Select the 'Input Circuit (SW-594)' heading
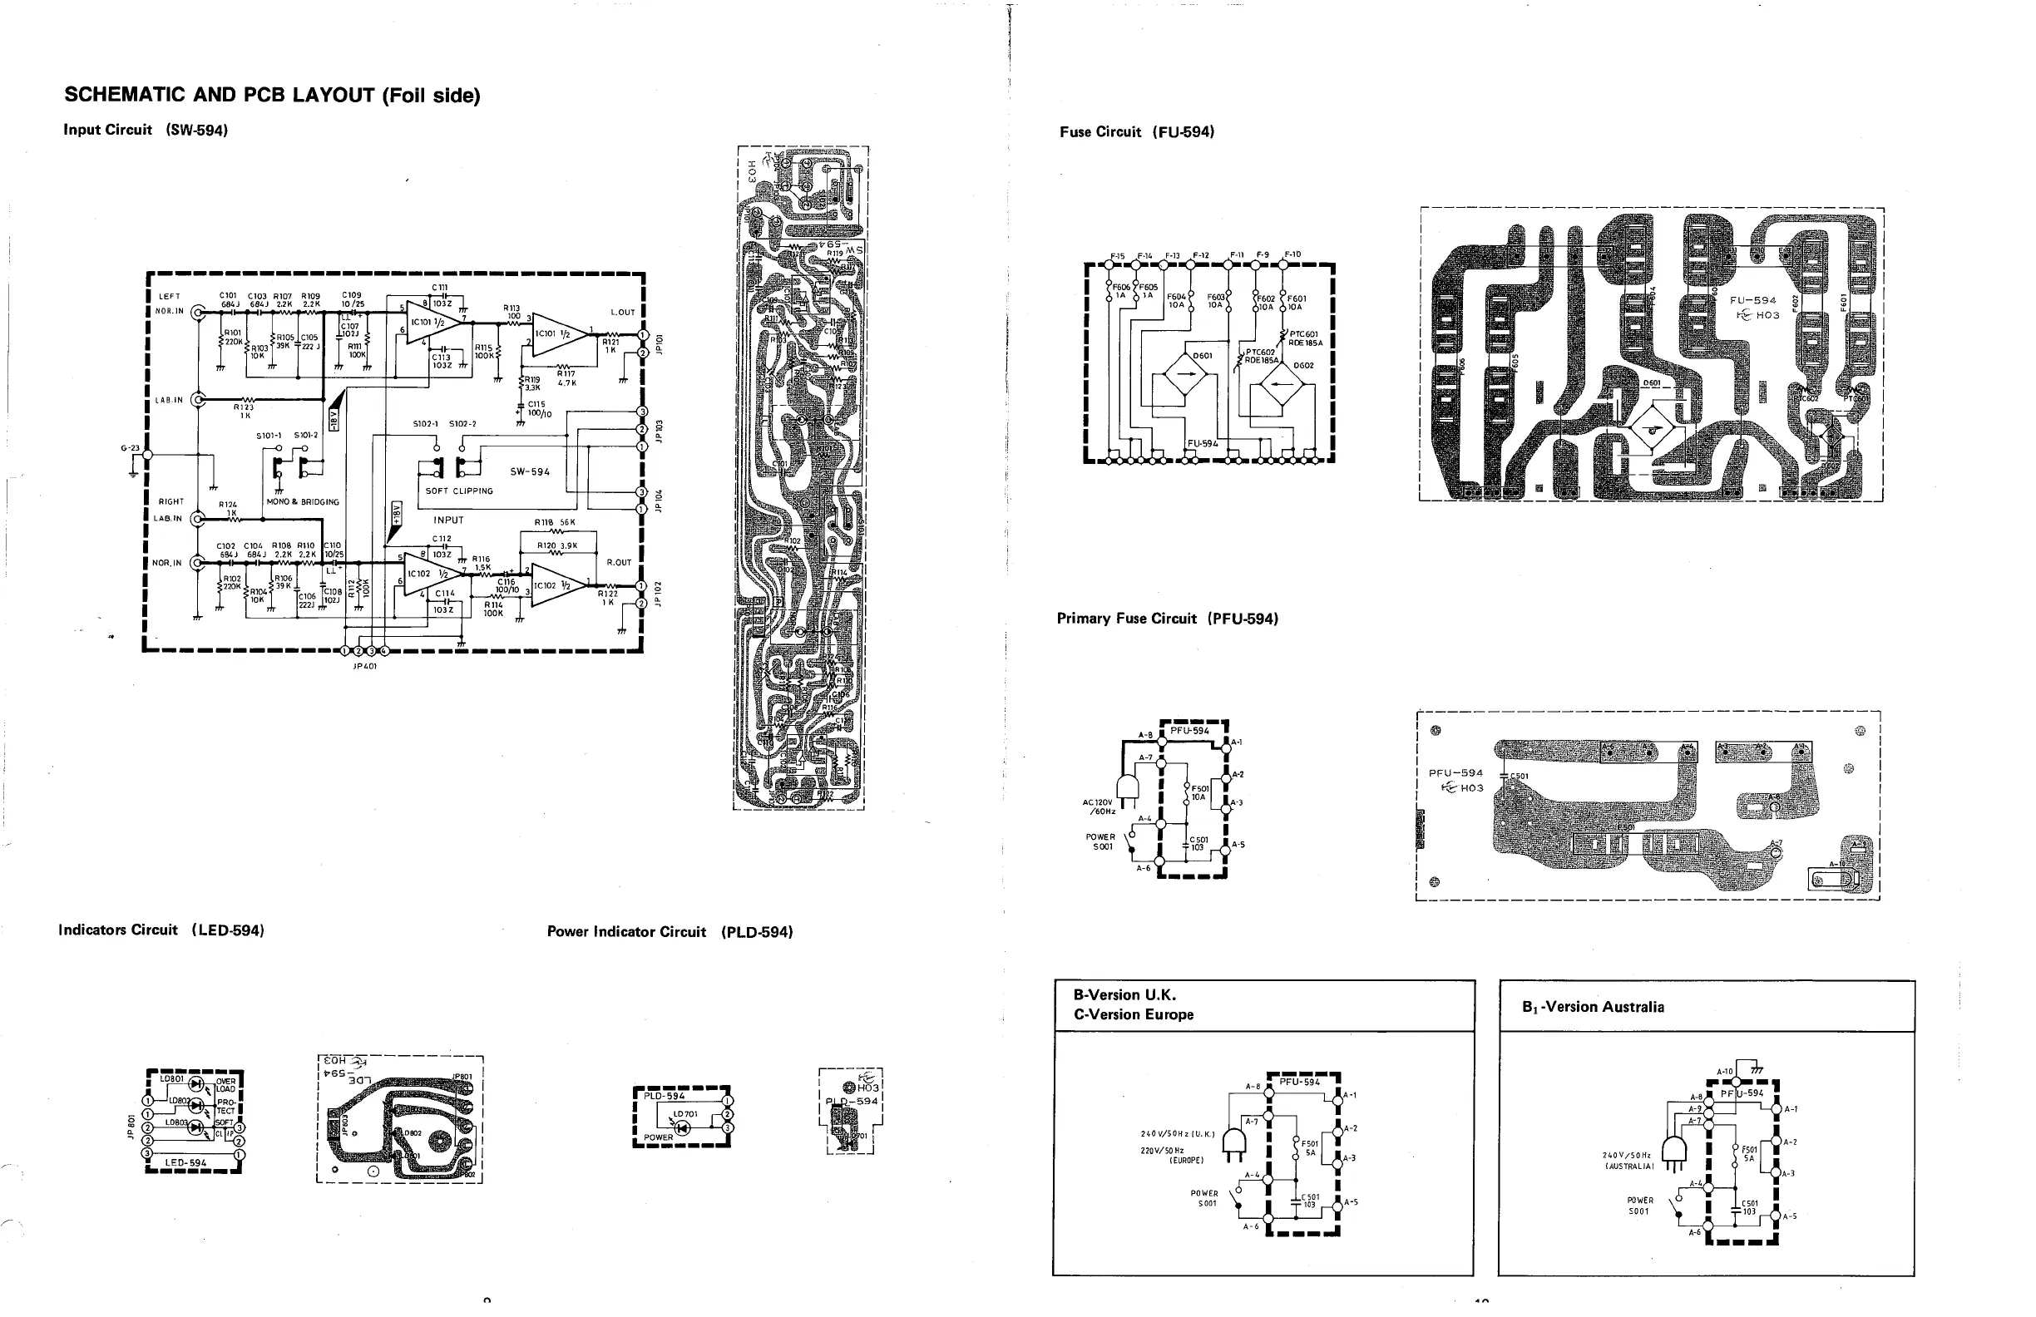click(x=146, y=130)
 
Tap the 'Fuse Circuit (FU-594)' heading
click(x=1137, y=131)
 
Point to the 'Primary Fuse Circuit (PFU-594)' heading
click(x=1167, y=619)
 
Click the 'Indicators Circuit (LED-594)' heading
click(x=161, y=930)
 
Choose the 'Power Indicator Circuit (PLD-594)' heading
click(x=670, y=931)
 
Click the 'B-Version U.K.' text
click(x=1125, y=994)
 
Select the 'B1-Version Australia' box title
click(x=1593, y=1007)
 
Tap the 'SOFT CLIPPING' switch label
click(x=459, y=491)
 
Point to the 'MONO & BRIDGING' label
click(x=303, y=502)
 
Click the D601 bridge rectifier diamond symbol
click(x=1187, y=377)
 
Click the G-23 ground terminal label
click(x=129, y=448)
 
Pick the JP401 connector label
click(x=364, y=665)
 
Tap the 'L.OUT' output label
click(x=623, y=312)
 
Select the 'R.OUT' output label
click(x=619, y=563)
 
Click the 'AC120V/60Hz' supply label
click(x=1099, y=806)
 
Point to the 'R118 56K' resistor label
click(x=556, y=521)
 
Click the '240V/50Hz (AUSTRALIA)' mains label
click(x=1627, y=1160)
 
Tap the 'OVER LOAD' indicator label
click(x=226, y=1085)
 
